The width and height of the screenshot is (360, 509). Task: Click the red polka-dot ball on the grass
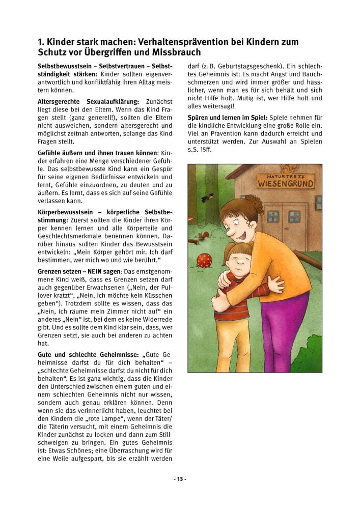pyautogui.click(x=204, y=260)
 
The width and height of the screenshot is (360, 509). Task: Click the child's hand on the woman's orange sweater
pyautogui.click(x=275, y=284)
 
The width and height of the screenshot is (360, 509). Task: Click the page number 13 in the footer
pyautogui.click(x=180, y=479)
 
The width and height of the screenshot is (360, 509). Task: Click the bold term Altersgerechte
pyautogui.click(x=61, y=102)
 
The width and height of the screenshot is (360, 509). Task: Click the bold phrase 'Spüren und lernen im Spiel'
pyautogui.click(x=228, y=118)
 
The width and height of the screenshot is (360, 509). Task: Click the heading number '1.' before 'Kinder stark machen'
pyautogui.click(x=41, y=42)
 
